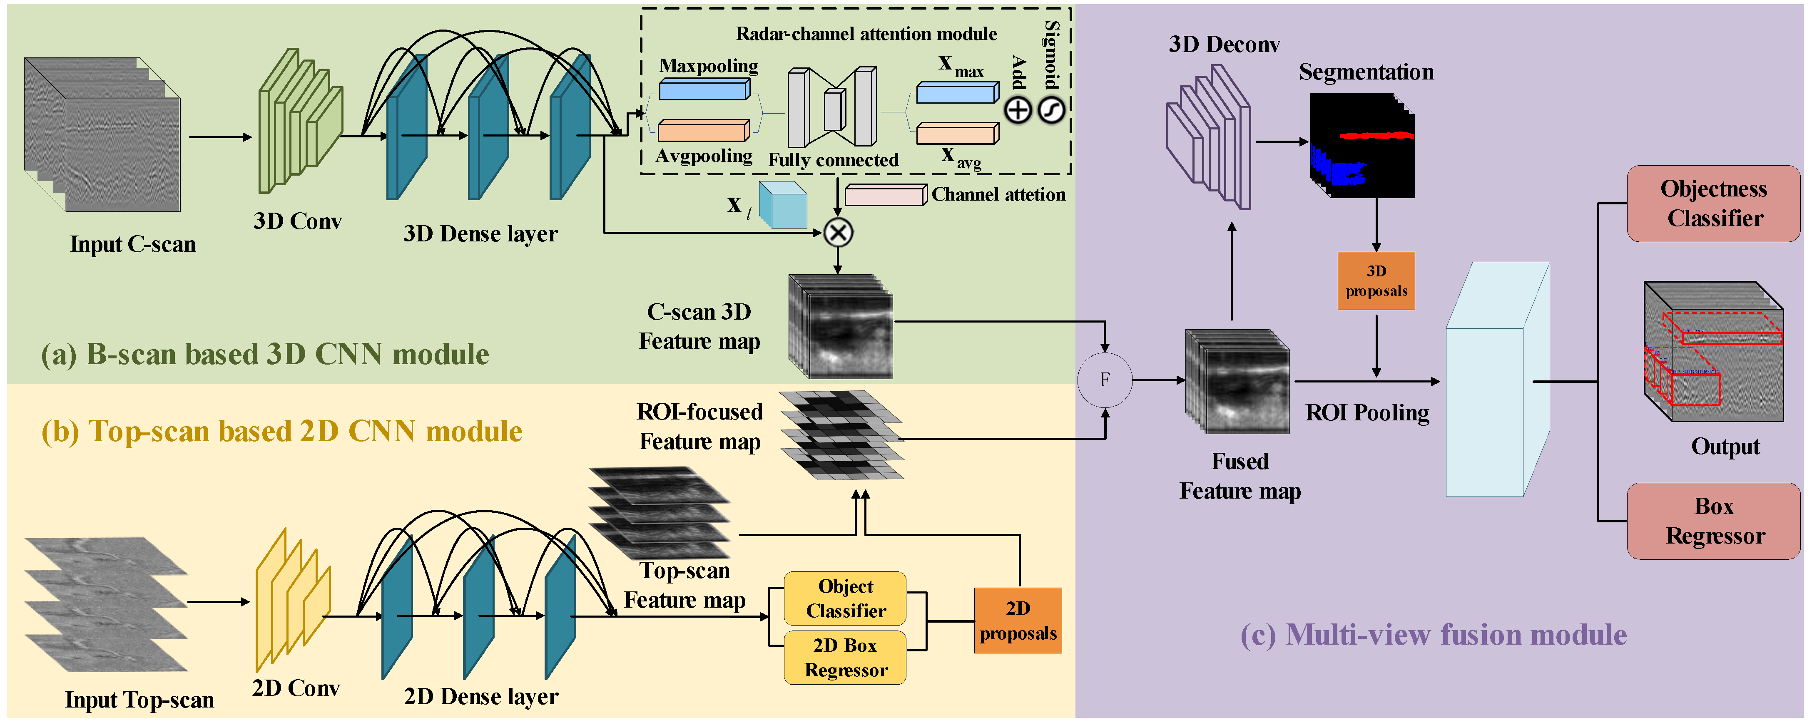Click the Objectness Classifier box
(1713, 203)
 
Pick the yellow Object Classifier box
(845, 598)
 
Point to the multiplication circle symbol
(838, 233)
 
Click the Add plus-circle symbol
(1017, 110)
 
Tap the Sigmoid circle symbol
(1052, 110)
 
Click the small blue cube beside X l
(782, 205)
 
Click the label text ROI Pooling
(1367, 413)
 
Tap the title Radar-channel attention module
(866, 34)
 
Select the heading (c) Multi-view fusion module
(1433, 634)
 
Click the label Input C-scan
(133, 244)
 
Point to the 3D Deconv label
(1224, 44)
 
